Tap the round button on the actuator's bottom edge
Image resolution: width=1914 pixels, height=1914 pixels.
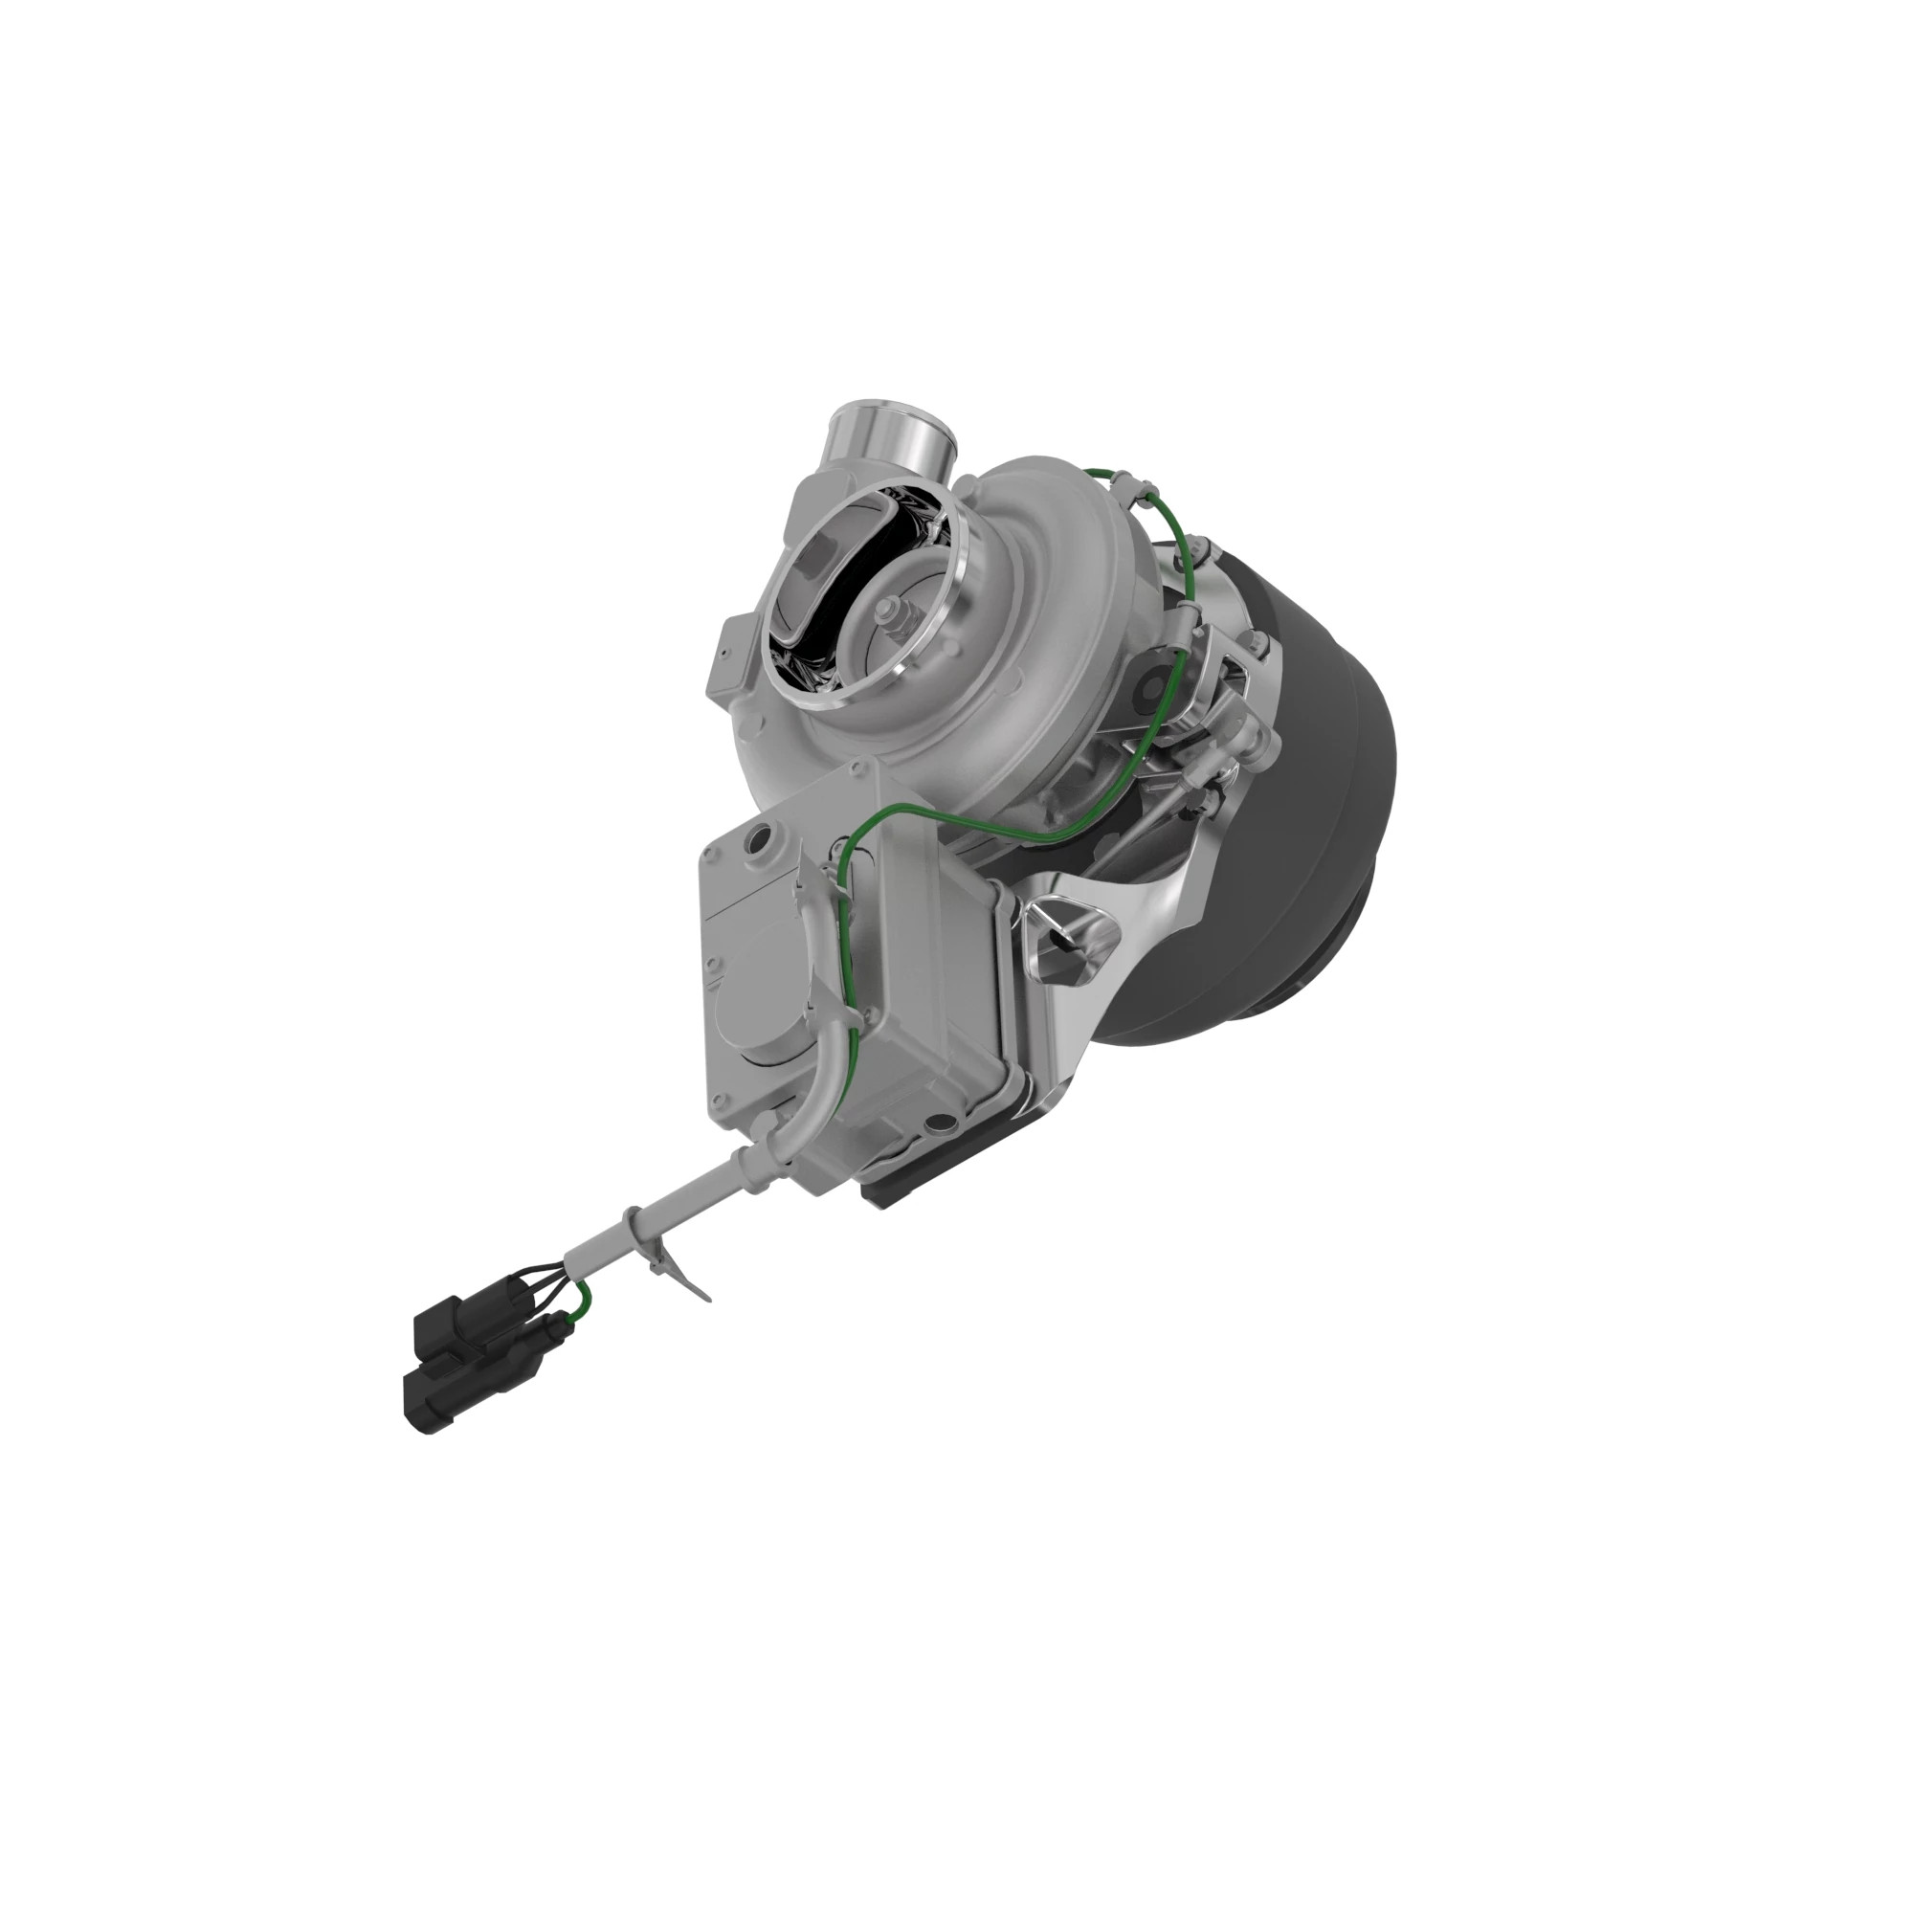coord(937,1124)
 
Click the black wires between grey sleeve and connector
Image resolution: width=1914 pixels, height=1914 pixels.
coord(541,1278)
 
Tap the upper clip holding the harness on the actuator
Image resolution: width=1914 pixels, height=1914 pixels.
coord(827,872)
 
